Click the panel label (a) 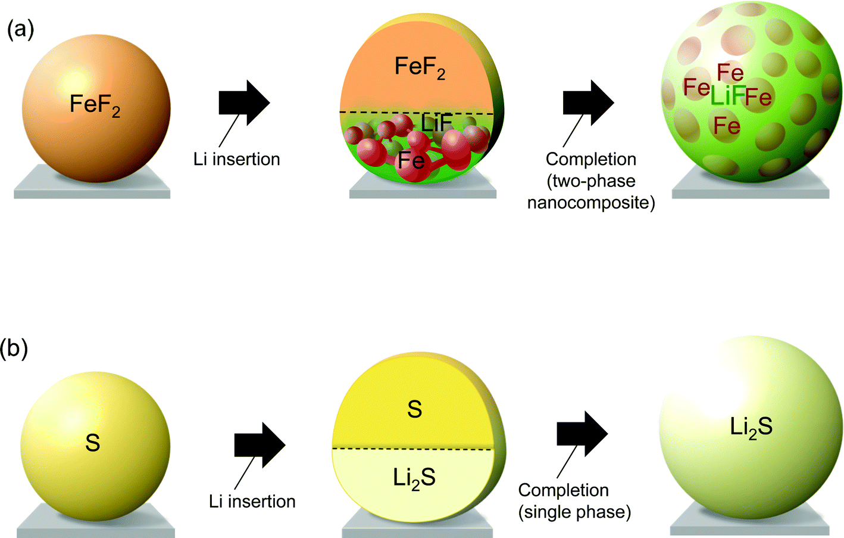click(x=20, y=30)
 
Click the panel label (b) click(x=14, y=349)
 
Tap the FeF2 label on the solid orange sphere click(x=95, y=105)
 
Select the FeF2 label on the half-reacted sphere click(x=420, y=68)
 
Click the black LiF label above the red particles click(x=436, y=123)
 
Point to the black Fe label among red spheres click(x=411, y=160)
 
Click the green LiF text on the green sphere click(x=728, y=95)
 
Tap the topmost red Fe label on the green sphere click(x=730, y=73)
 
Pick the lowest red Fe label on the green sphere click(x=727, y=126)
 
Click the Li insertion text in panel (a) click(x=237, y=159)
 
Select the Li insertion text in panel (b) click(x=252, y=502)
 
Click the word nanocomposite click(x=591, y=203)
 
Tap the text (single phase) click(x=574, y=512)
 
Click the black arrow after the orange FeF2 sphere click(x=244, y=102)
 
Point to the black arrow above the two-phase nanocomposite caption click(x=589, y=102)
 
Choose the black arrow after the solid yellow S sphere click(x=260, y=445)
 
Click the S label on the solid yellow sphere click(x=93, y=443)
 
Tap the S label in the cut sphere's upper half click(x=414, y=409)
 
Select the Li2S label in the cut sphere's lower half click(x=414, y=478)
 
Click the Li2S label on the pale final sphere click(x=751, y=427)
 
